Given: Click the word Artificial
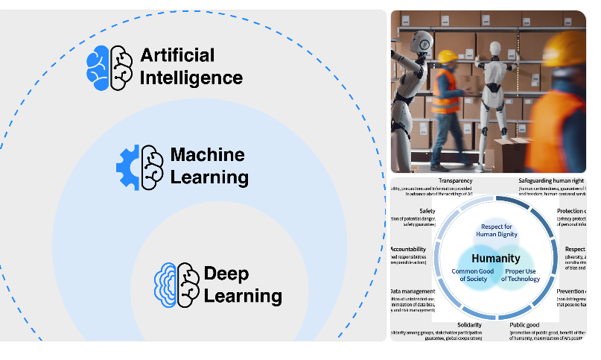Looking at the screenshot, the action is tap(177, 55).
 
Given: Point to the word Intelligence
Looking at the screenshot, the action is tap(191, 78).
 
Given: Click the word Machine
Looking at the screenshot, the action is tap(207, 155).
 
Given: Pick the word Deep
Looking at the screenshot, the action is tap(226, 273).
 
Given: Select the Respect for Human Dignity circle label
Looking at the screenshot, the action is tap(497, 230).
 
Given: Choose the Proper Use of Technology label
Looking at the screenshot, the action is tap(521, 274).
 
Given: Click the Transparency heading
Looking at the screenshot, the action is tap(455, 181).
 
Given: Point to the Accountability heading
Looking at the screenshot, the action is tap(407, 249).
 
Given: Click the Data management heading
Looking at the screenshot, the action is tap(413, 291).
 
